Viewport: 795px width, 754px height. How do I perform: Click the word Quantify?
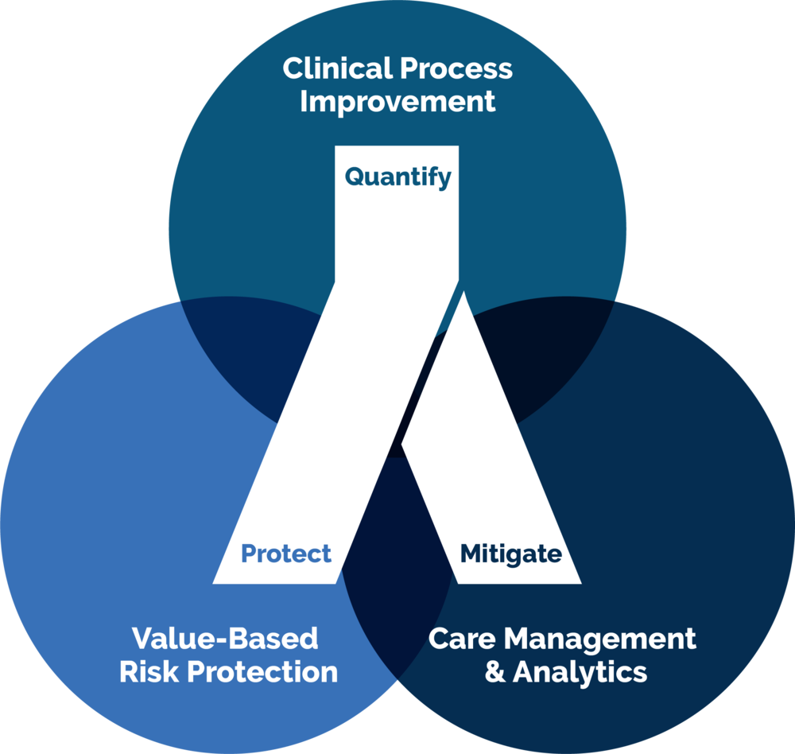(398, 177)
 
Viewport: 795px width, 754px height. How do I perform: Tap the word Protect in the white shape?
(286, 553)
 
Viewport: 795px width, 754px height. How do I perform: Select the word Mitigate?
(511, 554)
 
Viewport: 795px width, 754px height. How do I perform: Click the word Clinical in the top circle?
(336, 68)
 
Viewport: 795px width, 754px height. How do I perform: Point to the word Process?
(456, 68)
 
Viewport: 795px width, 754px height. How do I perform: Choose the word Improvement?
(397, 102)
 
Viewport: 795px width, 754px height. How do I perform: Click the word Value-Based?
(225, 639)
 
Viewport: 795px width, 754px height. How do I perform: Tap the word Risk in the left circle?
(150, 672)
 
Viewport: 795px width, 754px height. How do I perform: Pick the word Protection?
(262, 672)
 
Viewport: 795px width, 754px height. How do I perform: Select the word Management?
(599, 639)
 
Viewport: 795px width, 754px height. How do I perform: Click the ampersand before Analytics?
(494, 672)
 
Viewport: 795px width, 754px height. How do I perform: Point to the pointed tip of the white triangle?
(463, 291)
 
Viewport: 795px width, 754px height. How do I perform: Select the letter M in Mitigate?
(472, 554)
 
